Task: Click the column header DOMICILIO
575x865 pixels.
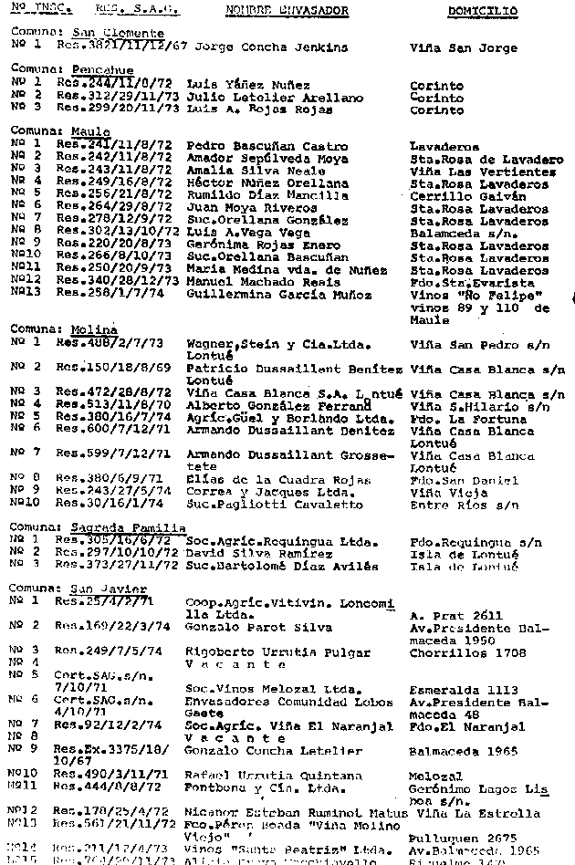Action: pos(482,12)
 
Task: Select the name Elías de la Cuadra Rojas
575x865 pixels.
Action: pos(266,480)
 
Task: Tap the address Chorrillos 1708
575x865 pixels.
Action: pos(468,652)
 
